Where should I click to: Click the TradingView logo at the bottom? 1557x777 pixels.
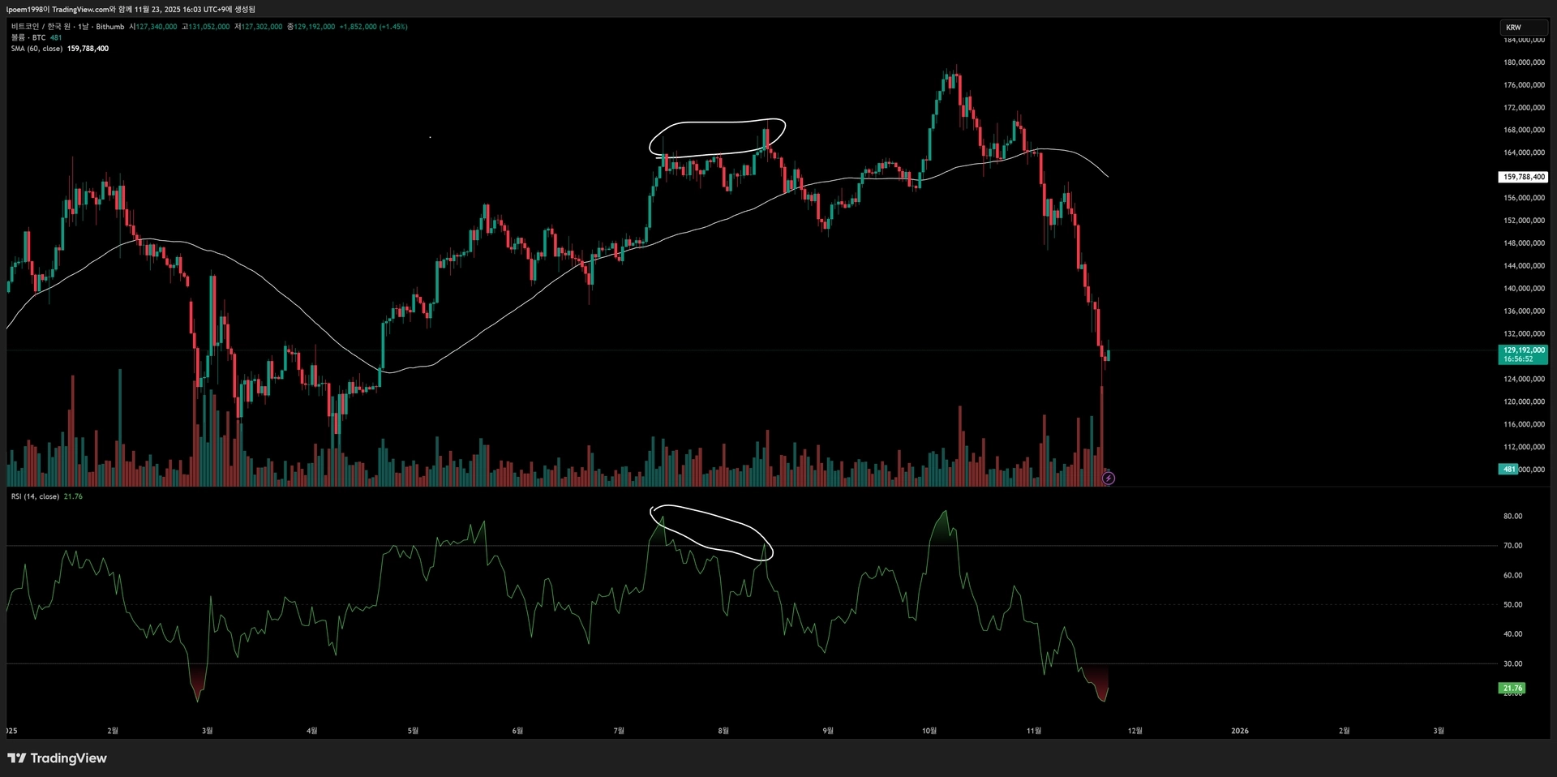coord(57,758)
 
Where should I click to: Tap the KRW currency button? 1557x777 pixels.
coord(1513,28)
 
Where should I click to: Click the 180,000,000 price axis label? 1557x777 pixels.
coord(1524,62)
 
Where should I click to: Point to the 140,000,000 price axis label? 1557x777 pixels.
coord(1524,289)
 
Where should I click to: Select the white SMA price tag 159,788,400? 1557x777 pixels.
coord(1523,177)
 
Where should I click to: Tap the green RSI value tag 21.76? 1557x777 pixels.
coord(1512,689)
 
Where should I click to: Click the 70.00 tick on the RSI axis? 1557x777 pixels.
coord(1512,546)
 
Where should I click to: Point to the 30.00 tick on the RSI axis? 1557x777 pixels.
coord(1512,664)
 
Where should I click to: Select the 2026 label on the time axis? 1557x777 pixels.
coord(1240,731)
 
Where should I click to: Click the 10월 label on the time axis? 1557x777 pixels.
coord(929,731)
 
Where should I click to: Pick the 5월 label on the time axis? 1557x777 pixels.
coord(413,731)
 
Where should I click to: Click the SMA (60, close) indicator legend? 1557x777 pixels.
coord(36,49)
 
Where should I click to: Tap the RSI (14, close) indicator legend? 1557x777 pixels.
coord(35,496)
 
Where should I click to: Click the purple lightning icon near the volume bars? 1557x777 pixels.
coord(1109,479)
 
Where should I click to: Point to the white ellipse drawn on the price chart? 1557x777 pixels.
coord(717,122)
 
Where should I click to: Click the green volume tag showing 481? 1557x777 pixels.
coord(1508,470)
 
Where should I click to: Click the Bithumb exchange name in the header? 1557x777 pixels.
coord(110,27)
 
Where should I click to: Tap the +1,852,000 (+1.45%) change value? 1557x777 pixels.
coord(373,27)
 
